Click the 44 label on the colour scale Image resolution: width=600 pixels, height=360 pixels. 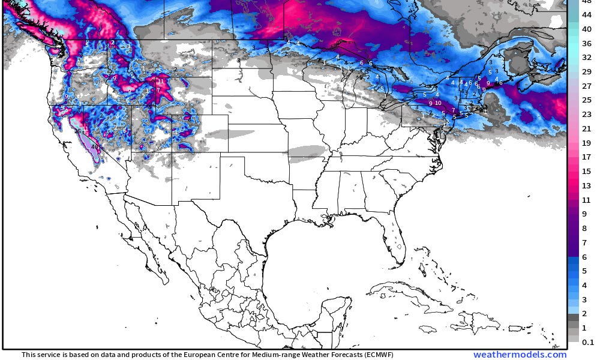point(583,16)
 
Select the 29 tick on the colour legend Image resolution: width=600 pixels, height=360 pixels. point(583,71)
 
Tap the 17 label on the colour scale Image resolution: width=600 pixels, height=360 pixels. point(583,157)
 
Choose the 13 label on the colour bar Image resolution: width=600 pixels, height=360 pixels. point(583,185)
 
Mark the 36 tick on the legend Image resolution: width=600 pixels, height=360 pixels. point(583,43)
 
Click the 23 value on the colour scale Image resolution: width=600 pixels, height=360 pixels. point(583,114)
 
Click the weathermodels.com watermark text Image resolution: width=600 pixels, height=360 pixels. point(520,355)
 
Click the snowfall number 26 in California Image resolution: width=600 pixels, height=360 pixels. point(77,131)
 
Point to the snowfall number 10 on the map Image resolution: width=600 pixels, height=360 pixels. point(439,103)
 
